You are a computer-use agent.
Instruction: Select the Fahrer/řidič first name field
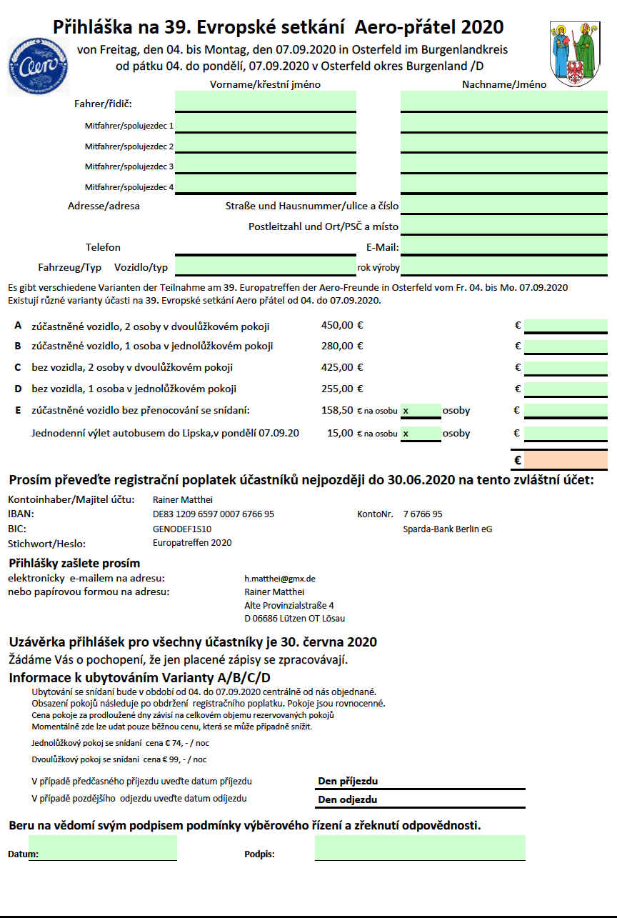tap(266, 101)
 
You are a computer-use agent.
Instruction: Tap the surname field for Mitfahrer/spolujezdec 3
tap(503, 165)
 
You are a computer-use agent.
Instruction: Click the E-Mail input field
tap(503, 246)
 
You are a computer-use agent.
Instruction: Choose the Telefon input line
tap(266, 247)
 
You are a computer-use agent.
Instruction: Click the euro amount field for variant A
tap(566, 326)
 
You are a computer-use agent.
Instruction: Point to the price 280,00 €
tap(343, 346)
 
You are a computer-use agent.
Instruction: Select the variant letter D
tap(17, 389)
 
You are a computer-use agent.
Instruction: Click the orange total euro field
tap(566, 460)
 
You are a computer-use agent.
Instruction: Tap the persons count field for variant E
tap(421, 411)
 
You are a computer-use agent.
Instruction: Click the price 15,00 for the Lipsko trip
tap(340, 433)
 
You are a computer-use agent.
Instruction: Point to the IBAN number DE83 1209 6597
tap(214, 514)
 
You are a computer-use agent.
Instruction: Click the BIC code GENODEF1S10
tap(182, 529)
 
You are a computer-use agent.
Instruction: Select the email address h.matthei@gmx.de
tap(280, 578)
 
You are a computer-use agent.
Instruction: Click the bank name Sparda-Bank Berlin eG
tap(447, 529)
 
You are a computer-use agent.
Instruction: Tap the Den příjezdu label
tap(348, 781)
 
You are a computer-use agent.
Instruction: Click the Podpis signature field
tap(420, 848)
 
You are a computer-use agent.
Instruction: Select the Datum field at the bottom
tap(103, 848)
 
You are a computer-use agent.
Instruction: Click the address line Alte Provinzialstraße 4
tap(289, 605)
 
